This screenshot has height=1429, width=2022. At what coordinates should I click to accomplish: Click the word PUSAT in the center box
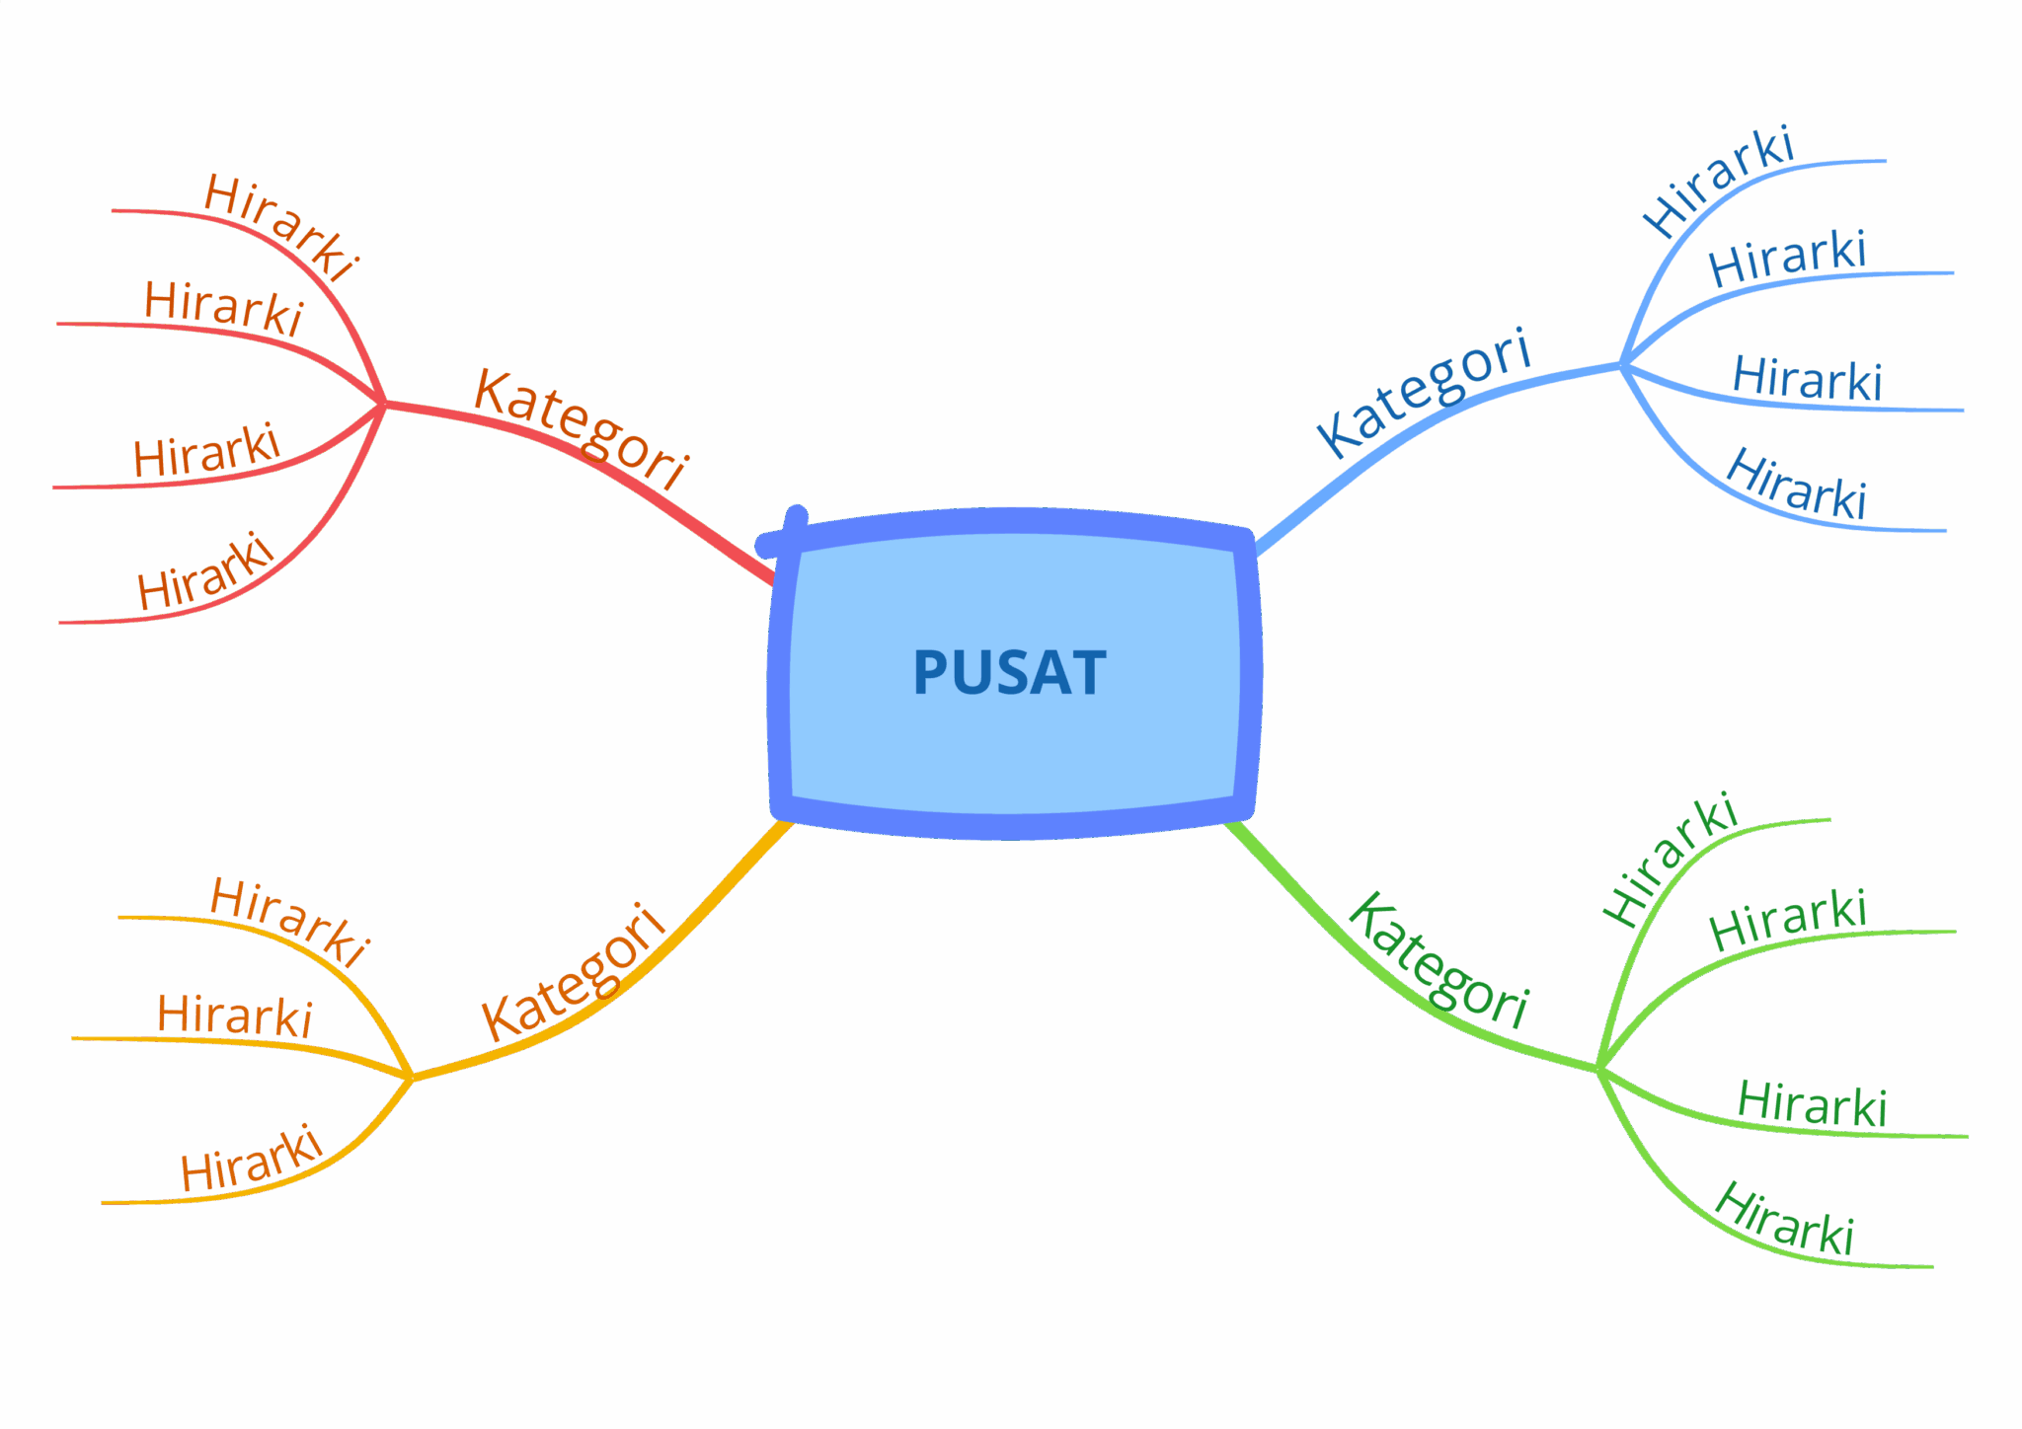tap(1009, 673)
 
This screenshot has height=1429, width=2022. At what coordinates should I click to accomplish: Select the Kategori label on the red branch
tap(581, 428)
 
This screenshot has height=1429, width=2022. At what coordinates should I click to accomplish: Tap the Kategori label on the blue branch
tap(1424, 393)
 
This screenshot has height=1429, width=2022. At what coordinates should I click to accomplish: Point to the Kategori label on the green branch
tap(1438, 960)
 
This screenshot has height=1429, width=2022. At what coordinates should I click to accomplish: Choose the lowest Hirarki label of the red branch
tap(204, 572)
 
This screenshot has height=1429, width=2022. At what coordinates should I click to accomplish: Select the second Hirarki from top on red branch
tap(223, 308)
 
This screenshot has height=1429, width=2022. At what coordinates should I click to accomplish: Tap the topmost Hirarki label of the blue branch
tap(1718, 182)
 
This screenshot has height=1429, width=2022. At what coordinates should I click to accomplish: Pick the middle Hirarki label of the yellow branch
tap(235, 1015)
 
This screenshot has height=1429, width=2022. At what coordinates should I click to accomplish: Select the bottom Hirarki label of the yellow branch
tap(252, 1159)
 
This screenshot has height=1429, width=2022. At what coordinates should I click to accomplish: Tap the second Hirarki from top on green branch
tap(1788, 919)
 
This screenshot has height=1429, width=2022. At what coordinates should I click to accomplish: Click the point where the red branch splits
tap(384, 403)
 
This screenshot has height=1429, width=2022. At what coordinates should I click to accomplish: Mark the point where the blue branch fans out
tap(1622, 364)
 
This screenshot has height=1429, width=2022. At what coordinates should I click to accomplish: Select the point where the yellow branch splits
tap(412, 1077)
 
